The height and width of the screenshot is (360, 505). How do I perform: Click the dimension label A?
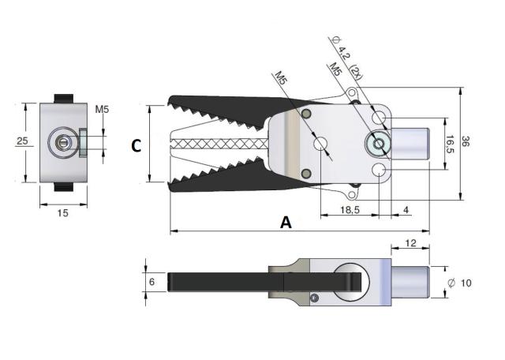tap(286, 223)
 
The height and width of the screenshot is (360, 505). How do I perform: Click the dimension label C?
tap(136, 146)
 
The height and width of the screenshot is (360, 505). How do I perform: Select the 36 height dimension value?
tap(467, 143)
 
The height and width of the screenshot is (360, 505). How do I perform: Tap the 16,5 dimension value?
tap(450, 144)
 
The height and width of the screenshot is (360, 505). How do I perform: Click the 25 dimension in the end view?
tap(23, 141)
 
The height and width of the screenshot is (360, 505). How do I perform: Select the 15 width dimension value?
tap(62, 212)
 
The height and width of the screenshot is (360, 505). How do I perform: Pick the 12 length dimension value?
tap(410, 244)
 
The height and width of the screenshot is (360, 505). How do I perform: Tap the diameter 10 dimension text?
tap(460, 282)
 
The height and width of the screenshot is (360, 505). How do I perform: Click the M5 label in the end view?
tap(103, 109)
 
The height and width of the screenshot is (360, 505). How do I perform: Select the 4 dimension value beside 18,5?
tap(406, 209)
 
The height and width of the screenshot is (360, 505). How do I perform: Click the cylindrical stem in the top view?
tap(410, 144)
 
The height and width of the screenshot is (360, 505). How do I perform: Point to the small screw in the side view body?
tap(315, 298)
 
